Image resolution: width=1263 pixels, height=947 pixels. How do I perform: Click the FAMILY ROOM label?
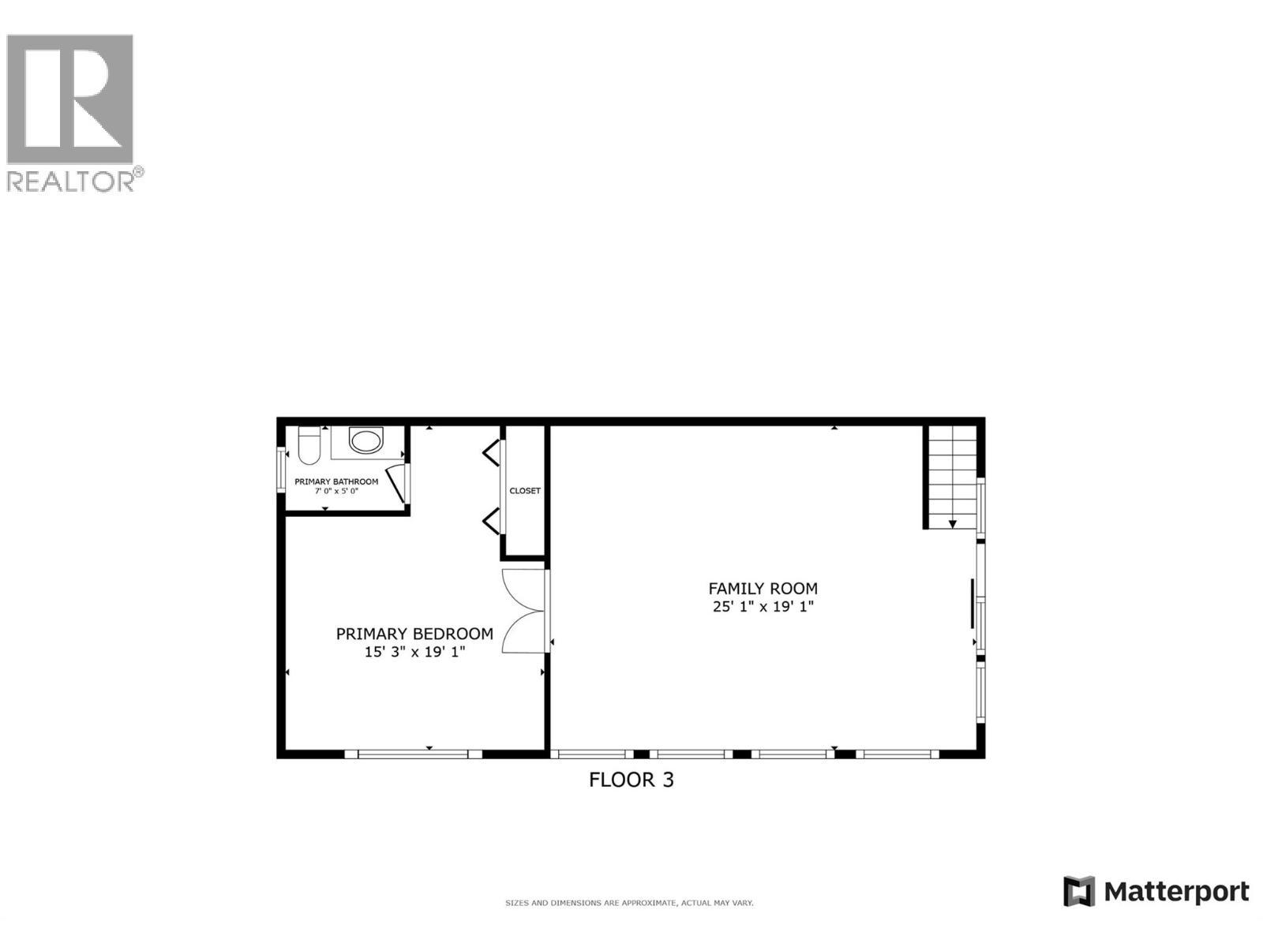point(763,589)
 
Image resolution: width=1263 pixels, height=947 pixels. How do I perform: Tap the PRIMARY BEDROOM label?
point(414,634)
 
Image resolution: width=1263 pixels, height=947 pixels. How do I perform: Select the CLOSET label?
point(525,491)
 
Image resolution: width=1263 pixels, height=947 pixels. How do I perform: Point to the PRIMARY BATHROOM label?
point(336,481)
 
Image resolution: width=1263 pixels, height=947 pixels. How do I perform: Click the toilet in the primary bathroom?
point(309,446)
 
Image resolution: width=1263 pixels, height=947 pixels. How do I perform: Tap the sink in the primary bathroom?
point(365,440)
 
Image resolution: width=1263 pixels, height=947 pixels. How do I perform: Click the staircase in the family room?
point(953,476)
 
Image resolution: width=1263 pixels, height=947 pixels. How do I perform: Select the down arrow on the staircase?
point(953,523)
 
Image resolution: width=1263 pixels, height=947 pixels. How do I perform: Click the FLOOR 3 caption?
point(631,780)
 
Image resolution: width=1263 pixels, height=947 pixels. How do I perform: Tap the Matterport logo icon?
point(1079,892)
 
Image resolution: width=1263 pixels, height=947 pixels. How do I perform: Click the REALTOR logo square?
point(69,99)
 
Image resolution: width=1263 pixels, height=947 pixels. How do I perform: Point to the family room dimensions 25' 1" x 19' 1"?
point(763,607)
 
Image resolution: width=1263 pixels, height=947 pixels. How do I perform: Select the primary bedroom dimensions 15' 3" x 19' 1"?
point(414,652)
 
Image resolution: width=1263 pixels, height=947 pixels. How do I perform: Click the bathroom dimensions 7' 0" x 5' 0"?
point(336,491)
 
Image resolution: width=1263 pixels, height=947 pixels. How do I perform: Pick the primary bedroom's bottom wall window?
point(414,754)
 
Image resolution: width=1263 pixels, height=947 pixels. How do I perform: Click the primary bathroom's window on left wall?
point(280,470)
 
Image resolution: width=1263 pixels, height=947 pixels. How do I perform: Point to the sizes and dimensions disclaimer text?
point(629,903)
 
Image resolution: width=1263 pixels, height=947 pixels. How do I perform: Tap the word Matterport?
point(1176,892)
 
